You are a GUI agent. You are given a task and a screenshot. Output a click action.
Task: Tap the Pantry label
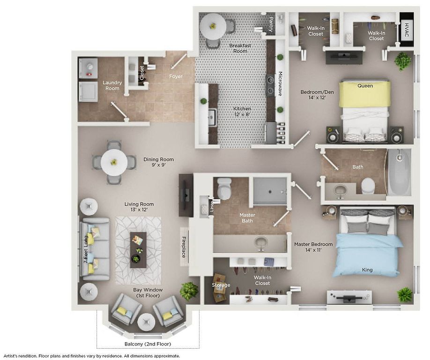[x=271, y=24]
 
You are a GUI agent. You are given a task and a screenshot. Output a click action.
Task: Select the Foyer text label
[x=176, y=76]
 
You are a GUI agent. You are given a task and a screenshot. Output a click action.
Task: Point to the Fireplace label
[x=184, y=247]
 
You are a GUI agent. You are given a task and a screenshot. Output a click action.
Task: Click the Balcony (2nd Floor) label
[x=148, y=344]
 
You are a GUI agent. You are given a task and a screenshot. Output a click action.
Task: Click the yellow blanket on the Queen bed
[x=364, y=94]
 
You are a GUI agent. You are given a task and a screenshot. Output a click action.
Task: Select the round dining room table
[x=114, y=163]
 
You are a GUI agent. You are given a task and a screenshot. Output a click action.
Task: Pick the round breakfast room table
[x=213, y=26]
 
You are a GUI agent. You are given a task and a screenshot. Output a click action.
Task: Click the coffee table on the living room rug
[x=138, y=250]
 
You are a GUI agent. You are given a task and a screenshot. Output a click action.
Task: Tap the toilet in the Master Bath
[x=224, y=188]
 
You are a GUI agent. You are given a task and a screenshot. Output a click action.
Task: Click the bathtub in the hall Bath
[x=399, y=172]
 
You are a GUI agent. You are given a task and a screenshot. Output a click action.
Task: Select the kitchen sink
[x=212, y=118]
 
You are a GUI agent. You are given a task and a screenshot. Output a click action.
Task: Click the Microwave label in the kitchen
[x=280, y=84]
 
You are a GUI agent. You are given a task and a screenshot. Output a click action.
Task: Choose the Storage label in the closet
[x=221, y=285]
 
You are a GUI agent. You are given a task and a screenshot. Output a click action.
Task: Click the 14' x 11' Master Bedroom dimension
[x=313, y=250]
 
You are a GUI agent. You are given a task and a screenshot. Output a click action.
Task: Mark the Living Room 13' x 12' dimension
[x=139, y=210]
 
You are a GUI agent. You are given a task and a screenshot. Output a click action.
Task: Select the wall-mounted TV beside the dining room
[x=186, y=195]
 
